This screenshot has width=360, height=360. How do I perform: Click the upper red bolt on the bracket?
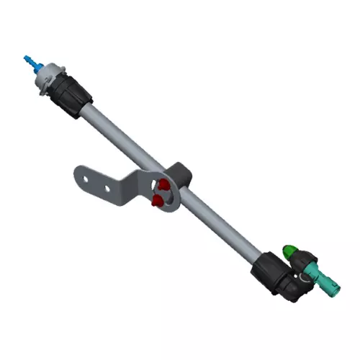[x=164, y=186]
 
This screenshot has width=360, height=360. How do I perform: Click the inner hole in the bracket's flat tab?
[x=107, y=190]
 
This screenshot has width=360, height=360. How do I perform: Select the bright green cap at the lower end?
[x=289, y=251]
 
